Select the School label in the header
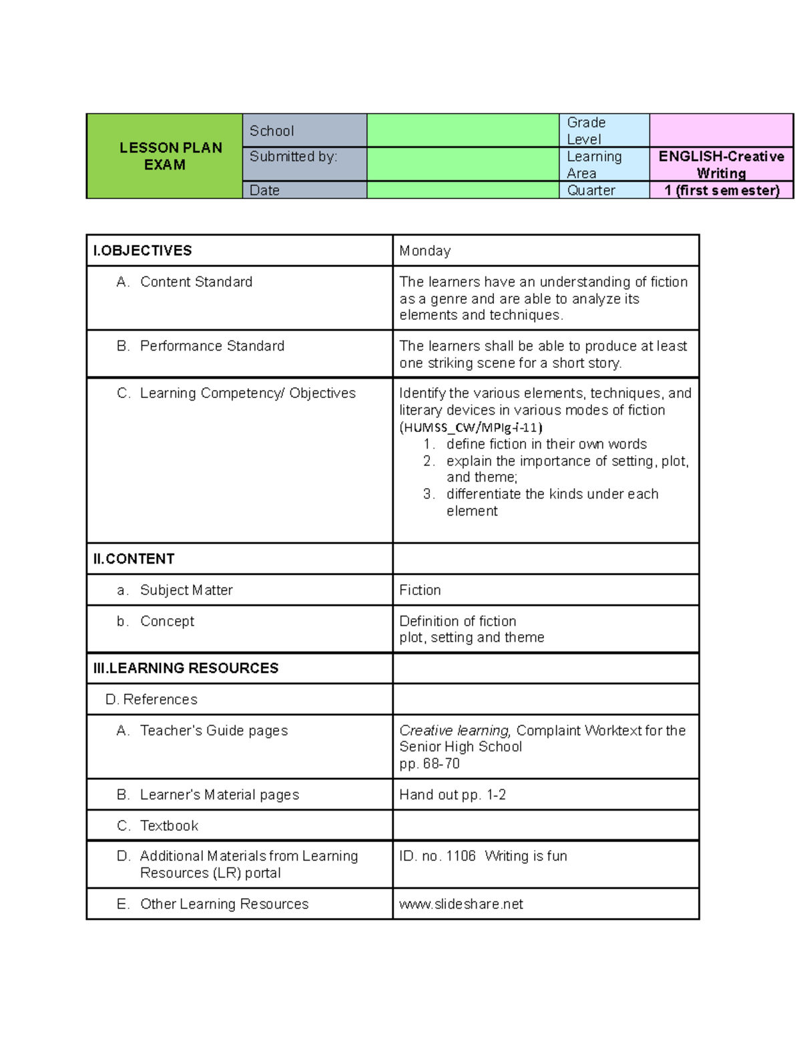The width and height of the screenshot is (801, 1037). [272, 131]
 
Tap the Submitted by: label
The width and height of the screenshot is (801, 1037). [293, 156]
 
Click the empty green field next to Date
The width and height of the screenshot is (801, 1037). [463, 190]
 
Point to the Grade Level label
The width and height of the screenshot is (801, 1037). [586, 131]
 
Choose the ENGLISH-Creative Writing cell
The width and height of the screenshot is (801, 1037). [721, 164]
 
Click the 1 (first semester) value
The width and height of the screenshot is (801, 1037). [722, 190]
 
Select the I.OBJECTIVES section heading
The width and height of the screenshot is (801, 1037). [143, 250]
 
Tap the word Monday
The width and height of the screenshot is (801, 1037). [425, 251]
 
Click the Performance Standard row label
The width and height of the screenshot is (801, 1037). [212, 346]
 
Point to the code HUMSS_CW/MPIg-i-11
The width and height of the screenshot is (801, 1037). [471, 427]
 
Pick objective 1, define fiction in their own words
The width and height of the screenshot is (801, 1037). [546, 444]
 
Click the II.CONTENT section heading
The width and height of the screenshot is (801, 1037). [134, 559]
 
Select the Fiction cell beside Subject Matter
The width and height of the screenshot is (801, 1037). [420, 590]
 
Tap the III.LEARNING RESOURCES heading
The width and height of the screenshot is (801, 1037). [186, 668]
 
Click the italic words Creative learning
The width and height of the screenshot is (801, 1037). [455, 731]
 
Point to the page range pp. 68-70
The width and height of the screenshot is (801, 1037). [429, 764]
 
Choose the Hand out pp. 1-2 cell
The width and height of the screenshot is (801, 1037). [453, 795]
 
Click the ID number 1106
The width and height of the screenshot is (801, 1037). [461, 856]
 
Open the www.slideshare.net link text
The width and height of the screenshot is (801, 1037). [461, 904]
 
